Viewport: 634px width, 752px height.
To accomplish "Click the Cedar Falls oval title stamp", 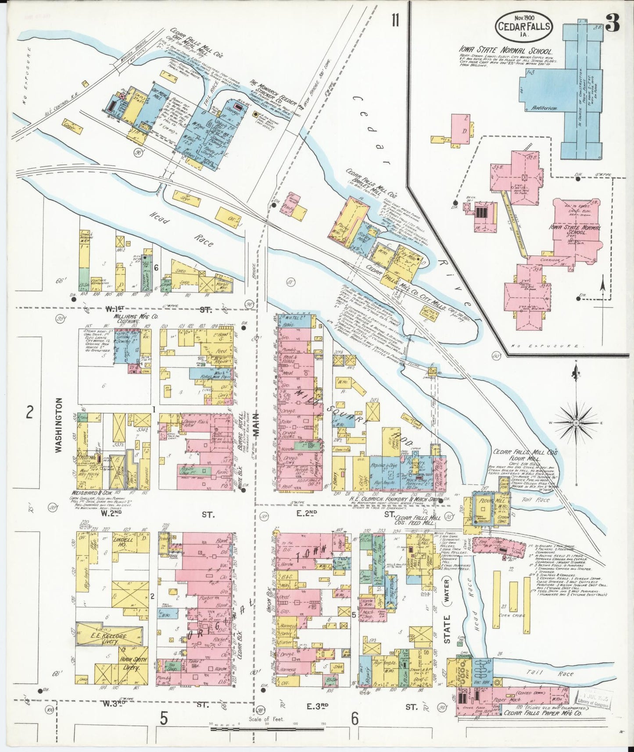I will pyautogui.click(x=524, y=25).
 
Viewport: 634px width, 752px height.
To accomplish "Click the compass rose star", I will pyautogui.click(x=576, y=423).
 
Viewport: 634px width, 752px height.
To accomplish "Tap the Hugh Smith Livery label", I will pyautogui.click(x=133, y=663).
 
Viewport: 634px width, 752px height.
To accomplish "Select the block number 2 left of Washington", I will pyautogui.click(x=29, y=412).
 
